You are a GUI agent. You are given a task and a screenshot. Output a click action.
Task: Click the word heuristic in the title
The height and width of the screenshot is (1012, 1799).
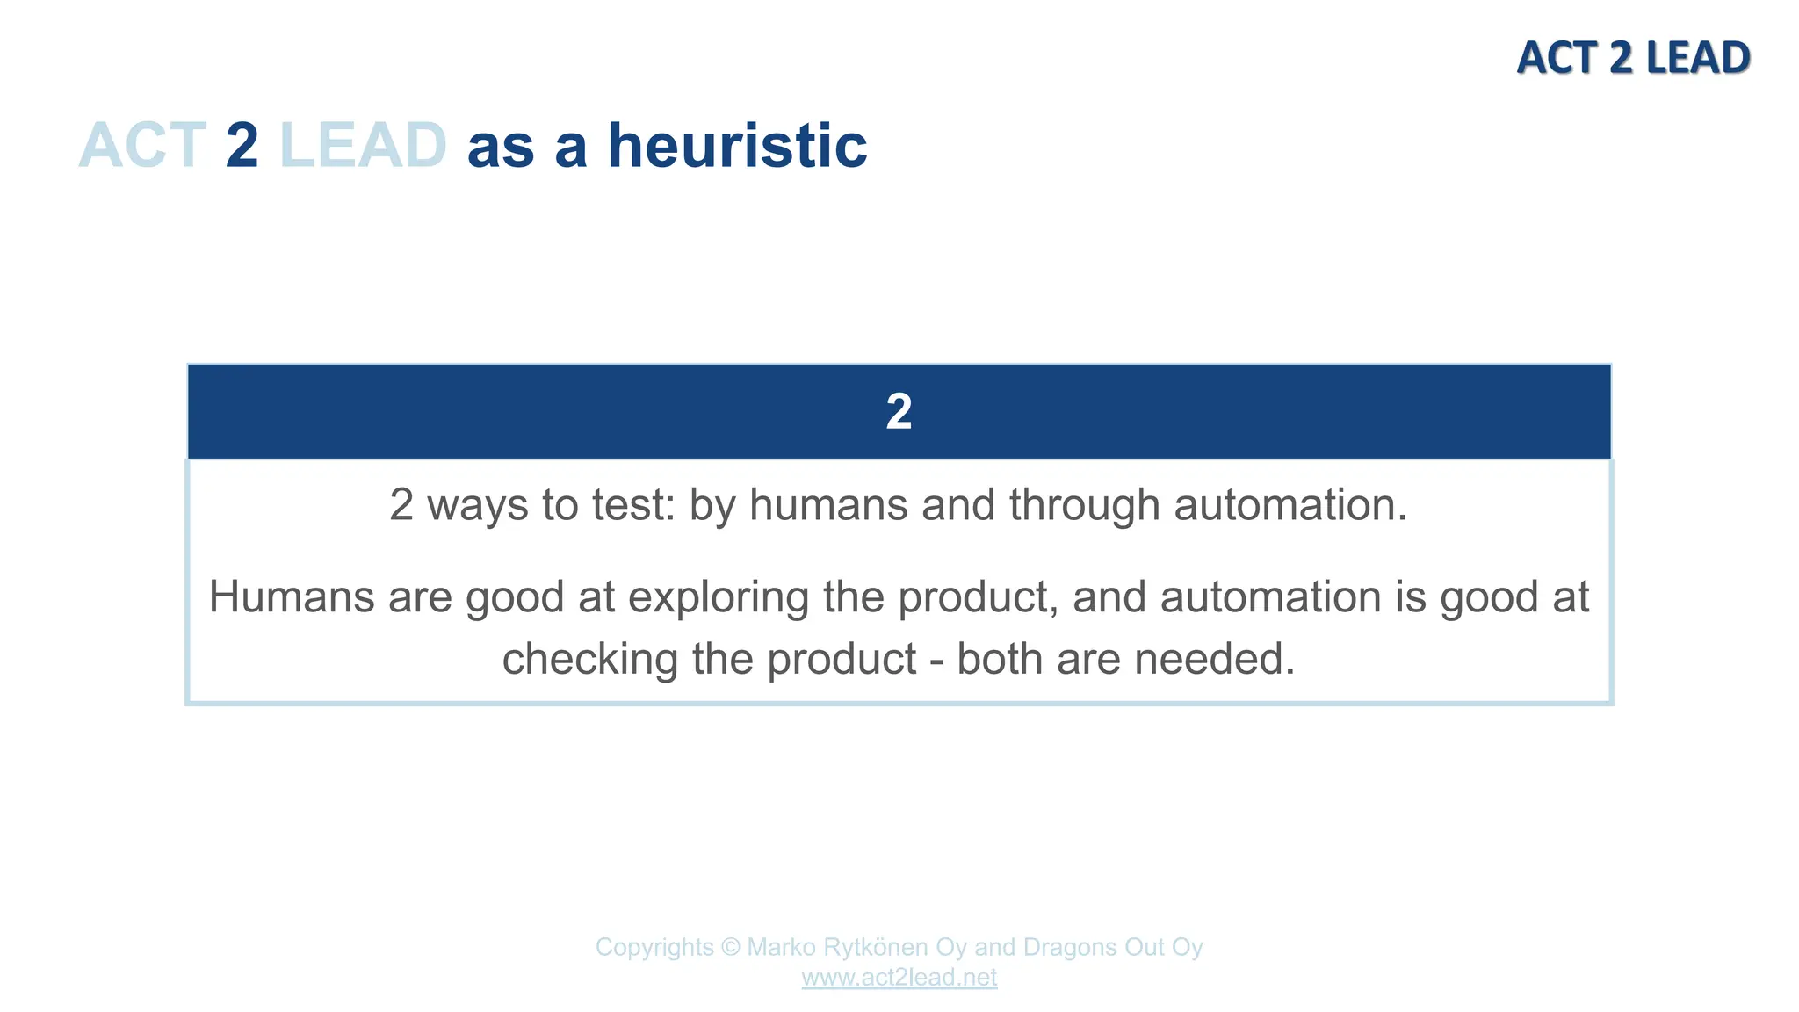(738, 145)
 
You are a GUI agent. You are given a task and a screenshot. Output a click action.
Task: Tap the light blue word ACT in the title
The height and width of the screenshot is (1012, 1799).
(142, 145)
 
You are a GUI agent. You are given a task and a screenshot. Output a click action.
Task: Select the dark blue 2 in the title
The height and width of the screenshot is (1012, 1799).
(242, 145)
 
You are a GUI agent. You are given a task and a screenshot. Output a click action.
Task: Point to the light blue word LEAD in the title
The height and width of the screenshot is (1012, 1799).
(363, 145)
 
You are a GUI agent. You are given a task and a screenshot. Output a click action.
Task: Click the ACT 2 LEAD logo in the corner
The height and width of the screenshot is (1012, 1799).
(1633, 58)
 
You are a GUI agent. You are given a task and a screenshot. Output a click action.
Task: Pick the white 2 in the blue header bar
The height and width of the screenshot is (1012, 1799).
(899, 411)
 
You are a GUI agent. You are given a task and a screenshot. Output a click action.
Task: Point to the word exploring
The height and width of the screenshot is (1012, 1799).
(719, 597)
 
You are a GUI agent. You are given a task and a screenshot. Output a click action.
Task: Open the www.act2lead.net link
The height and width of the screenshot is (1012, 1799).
(899, 978)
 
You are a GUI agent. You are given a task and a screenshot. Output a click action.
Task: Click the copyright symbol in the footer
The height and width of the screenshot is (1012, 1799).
(730, 947)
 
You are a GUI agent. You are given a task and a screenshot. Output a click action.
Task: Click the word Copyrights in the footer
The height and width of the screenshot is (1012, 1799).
(654, 947)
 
